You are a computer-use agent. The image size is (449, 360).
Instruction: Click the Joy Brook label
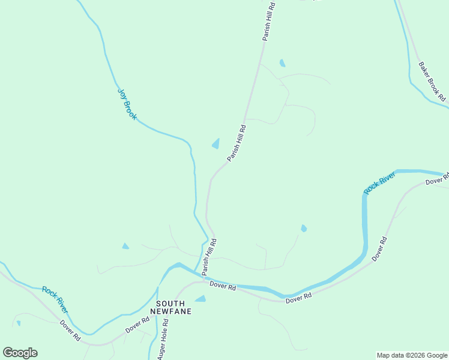pos(127,104)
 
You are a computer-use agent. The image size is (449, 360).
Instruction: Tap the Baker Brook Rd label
pos(432,80)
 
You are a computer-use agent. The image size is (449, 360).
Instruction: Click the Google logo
pos(20,353)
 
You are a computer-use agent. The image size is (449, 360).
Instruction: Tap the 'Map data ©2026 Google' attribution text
pos(412,355)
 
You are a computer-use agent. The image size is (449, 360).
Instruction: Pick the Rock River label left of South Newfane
pos(55,299)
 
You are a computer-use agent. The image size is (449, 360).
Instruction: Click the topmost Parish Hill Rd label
pos(268,21)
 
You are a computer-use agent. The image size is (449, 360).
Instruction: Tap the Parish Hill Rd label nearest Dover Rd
pos(209,257)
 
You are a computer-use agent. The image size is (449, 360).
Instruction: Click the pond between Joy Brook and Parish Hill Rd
pos(215,143)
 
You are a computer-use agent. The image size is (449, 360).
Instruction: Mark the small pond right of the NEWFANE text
pos(200,299)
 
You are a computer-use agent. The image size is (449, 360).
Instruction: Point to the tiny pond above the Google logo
pos(18,323)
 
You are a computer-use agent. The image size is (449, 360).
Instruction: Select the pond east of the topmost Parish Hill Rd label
pos(282,63)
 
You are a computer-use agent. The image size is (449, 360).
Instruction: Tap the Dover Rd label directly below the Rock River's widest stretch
pos(298,298)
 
